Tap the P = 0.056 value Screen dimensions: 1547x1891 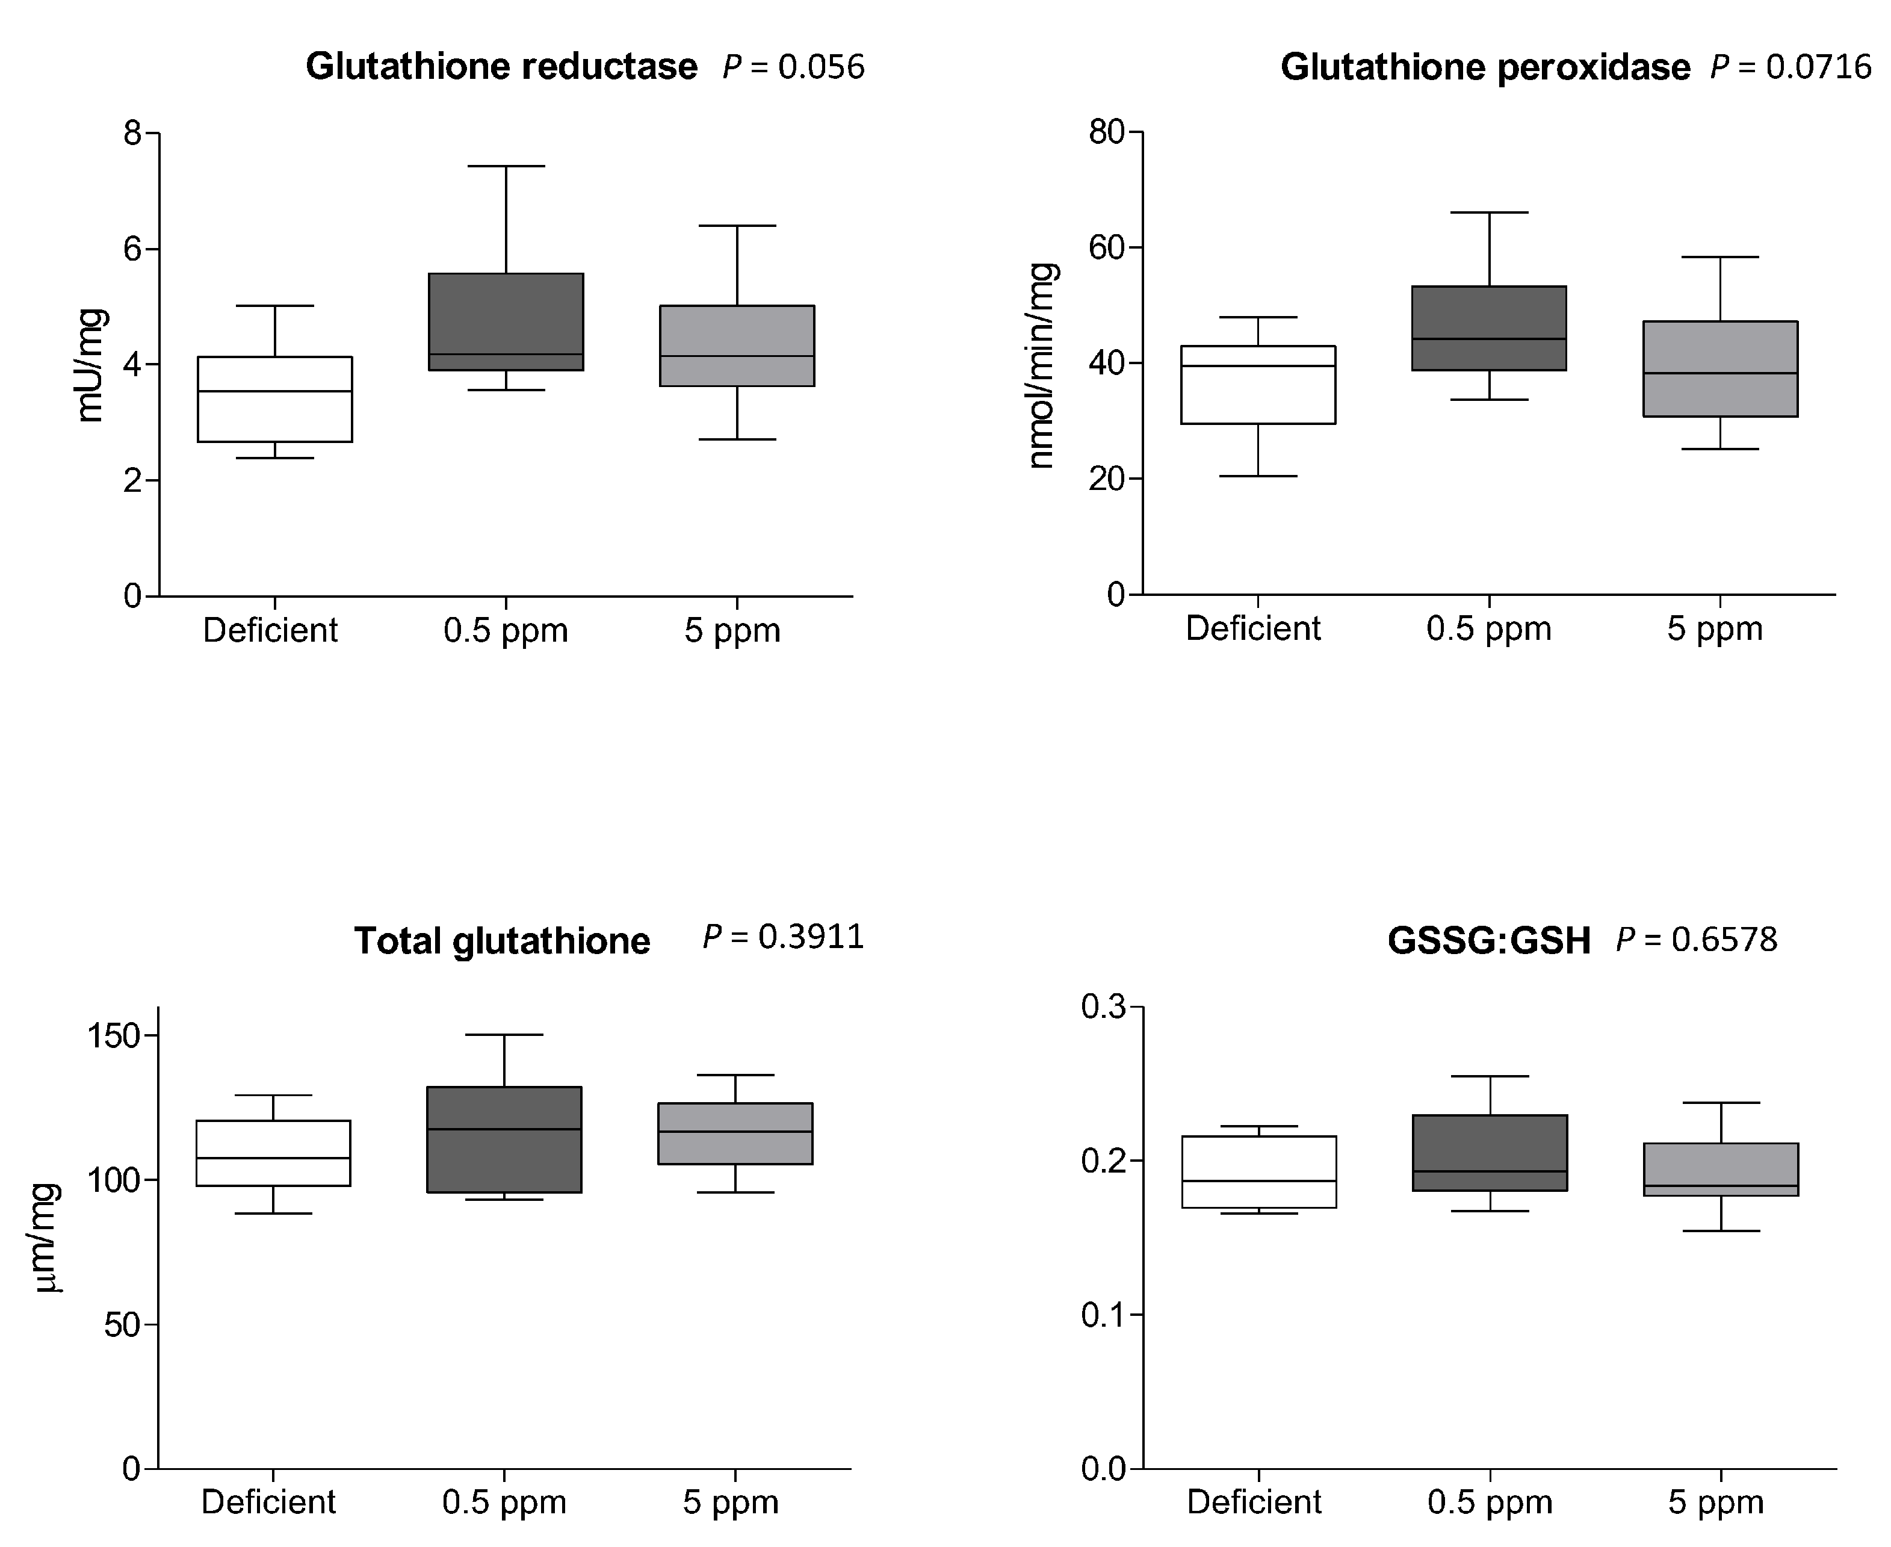(793, 67)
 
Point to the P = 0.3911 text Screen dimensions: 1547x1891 (784, 937)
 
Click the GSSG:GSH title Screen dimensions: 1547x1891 (1488, 941)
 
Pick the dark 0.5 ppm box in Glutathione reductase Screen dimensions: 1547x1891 (506, 321)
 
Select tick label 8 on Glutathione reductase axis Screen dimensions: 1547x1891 (133, 134)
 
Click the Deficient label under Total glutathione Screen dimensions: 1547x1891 (268, 1501)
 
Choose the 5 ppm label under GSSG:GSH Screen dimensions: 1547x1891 (1715, 1501)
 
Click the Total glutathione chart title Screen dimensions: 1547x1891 (502, 941)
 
